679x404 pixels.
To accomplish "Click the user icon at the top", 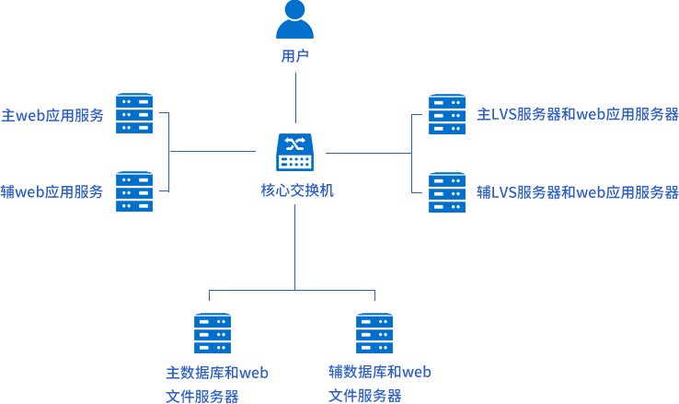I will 294,19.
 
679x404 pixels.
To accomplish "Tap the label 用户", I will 294,56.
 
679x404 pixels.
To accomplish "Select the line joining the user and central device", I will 295,97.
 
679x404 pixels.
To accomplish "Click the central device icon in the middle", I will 294,152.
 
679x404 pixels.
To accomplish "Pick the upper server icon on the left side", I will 134,113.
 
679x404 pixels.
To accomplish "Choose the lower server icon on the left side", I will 134,191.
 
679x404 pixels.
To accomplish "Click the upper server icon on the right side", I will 447,114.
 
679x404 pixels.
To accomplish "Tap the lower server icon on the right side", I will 447,192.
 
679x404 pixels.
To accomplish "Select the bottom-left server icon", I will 213,333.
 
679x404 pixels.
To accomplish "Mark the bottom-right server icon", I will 374,333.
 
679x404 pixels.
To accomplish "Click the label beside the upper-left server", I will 52,115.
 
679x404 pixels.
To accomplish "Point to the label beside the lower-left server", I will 52,191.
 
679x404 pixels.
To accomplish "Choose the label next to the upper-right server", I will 578,115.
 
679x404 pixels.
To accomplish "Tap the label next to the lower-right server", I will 578,192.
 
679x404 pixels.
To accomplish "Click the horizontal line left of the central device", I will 213,151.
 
